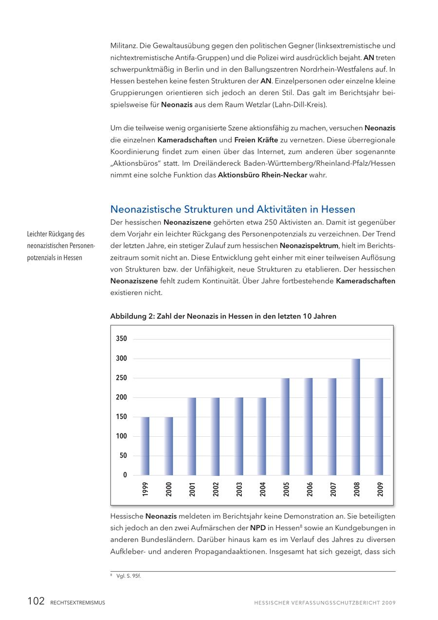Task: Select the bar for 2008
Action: click(x=356, y=417)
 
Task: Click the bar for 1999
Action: click(x=145, y=446)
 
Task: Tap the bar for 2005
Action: click(x=286, y=426)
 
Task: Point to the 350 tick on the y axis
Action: click(x=121, y=339)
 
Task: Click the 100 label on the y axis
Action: click(x=121, y=436)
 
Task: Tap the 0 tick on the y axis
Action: click(x=125, y=475)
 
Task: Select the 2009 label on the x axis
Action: click(x=380, y=489)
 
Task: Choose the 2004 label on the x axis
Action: click(x=263, y=489)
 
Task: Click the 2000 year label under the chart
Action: click(x=169, y=489)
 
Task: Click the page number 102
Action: click(x=36, y=601)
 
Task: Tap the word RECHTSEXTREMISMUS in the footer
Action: click(x=77, y=603)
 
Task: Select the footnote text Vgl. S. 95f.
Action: click(x=128, y=576)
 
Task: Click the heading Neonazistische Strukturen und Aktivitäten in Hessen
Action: click(x=233, y=209)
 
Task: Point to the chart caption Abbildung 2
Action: click(x=223, y=316)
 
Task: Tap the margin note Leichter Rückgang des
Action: click(x=56, y=234)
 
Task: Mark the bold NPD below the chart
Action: click(x=258, y=527)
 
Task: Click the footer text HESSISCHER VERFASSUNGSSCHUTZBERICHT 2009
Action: click(x=325, y=603)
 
